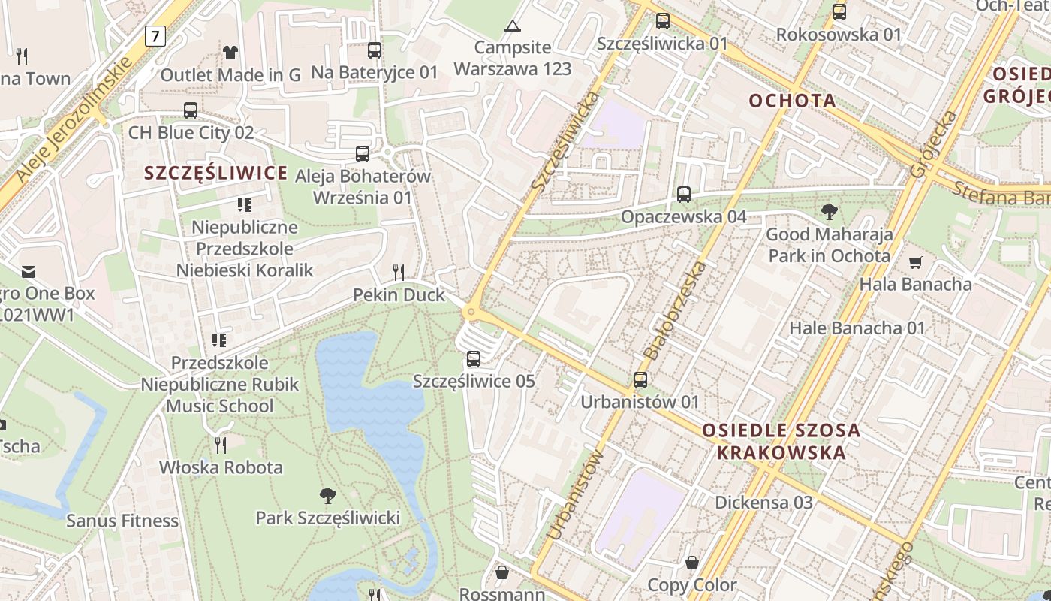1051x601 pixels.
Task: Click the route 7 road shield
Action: (155, 35)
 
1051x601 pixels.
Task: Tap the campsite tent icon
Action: (513, 26)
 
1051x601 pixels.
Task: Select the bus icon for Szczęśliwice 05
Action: (473, 359)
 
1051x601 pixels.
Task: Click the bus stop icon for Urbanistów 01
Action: (640, 380)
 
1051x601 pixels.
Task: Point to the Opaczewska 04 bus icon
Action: (684, 195)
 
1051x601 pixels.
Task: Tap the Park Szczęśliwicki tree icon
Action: (327, 495)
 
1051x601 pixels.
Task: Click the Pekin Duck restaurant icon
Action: (399, 272)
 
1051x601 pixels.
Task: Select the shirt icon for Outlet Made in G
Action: (230, 53)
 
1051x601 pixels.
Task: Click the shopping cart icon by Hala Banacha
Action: (915, 262)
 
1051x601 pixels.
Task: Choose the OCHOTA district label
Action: (793, 101)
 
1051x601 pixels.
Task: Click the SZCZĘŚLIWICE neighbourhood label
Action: (216, 174)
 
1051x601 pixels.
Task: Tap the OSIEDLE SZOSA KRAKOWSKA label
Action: (781, 442)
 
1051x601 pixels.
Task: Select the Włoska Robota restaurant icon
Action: (221, 445)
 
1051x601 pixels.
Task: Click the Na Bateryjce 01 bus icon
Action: (374, 50)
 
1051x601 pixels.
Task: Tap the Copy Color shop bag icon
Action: (692, 563)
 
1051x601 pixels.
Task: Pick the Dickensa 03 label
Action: (763, 502)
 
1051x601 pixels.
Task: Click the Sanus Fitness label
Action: (122, 521)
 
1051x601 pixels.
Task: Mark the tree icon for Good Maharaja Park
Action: (830, 212)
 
